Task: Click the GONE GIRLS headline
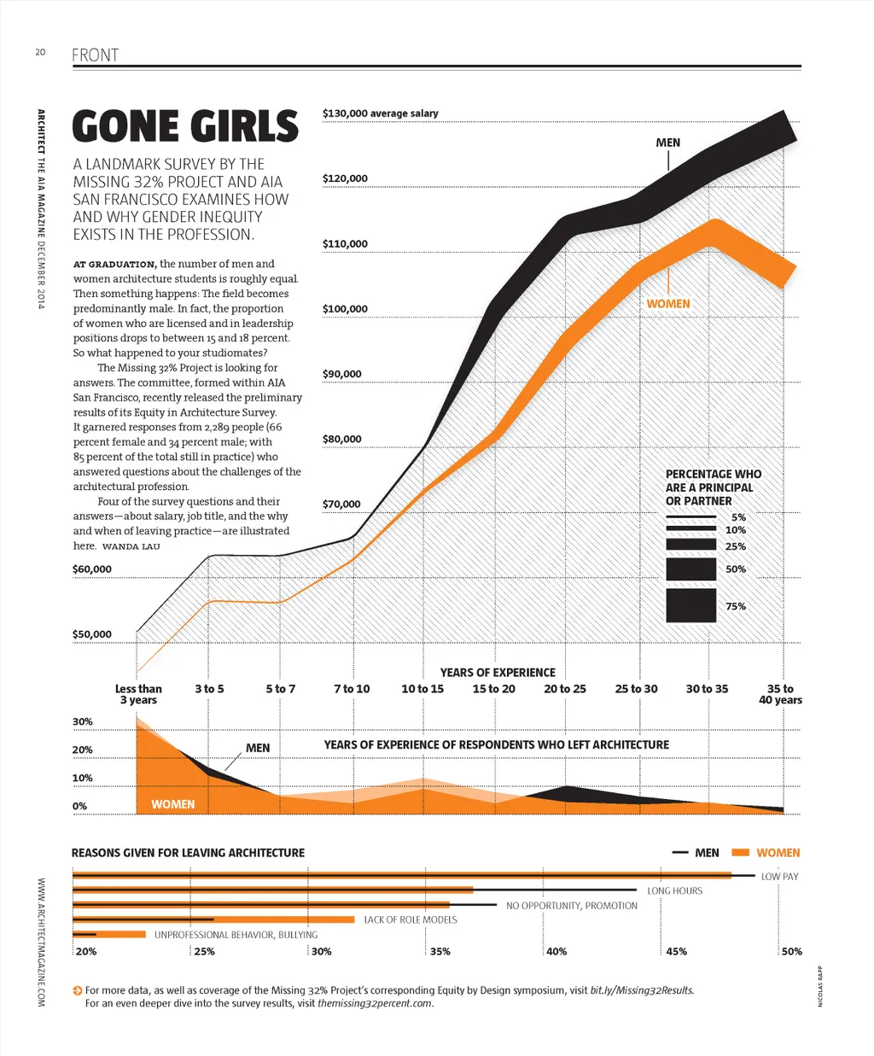[x=185, y=126]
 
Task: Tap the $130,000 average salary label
[x=380, y=113]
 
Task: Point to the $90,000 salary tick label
[x=341, y=374]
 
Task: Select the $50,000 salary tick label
[x=92, y=634]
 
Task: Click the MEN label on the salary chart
[x=667, y=143]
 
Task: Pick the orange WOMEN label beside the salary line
[x=668, y=304]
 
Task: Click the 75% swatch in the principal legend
[x=690, y=605]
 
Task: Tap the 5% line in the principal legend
[x=690, y=517]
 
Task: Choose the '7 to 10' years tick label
[x=352, y=689]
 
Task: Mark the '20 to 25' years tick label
[x=565, y=689]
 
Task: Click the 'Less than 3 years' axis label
[x=138, y=694]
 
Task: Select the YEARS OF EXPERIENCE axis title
[x=498, y=673]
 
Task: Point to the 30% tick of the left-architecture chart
[x=83, y=721]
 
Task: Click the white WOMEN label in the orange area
[x=172, y=804]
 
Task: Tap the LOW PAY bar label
[x=779, y=877]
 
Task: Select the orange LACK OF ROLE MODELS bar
[x=213, y=919]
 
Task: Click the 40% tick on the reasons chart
[x=556, y=951]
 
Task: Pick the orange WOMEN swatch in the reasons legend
[x=741, y=853]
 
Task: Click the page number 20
[x=40, y=52]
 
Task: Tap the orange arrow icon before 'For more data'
[x=78, y=990]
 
